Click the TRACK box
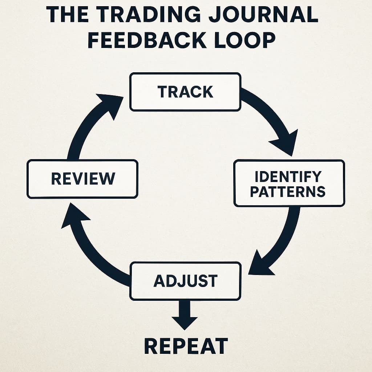tap(185, 92)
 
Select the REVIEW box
tap(82, 179)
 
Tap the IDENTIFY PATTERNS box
tap(289, 183)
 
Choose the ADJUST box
tap(185, 281)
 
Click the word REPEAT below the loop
tap(186, 346)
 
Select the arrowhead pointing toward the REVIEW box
tap(74, 218)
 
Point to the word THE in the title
tap(67, 14)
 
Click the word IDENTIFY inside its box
tap(288, 176)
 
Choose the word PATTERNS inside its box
tap(288, 191)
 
